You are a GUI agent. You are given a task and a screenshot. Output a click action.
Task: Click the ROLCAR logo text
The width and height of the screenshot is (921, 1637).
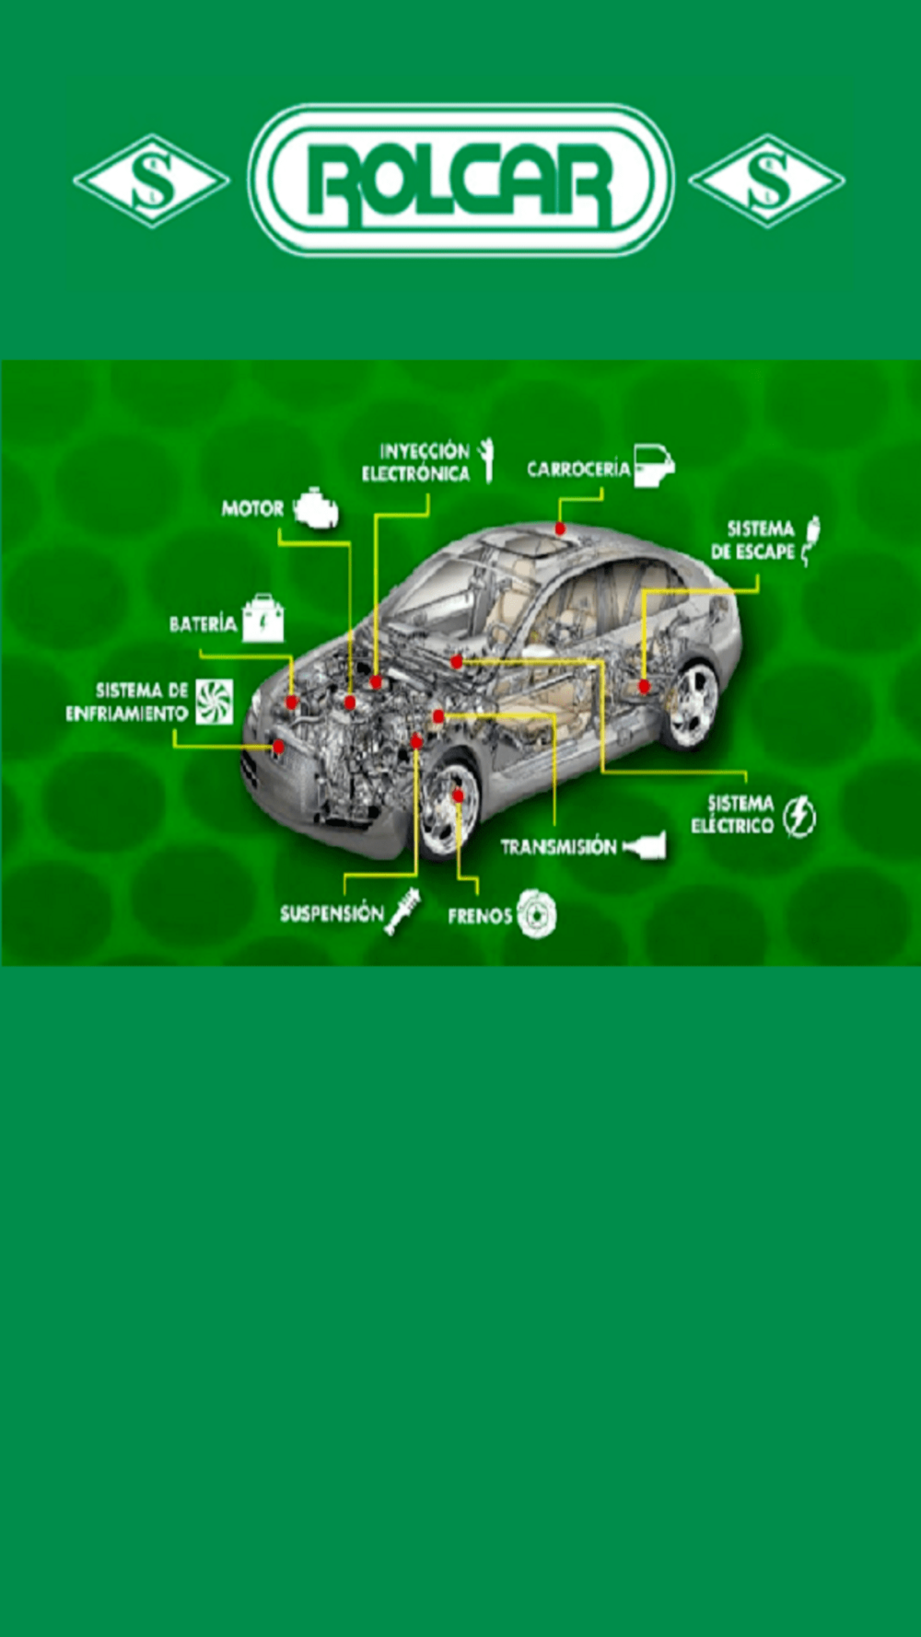[460, 180]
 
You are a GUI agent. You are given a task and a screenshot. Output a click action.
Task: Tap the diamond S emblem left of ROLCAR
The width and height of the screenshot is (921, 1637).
[152, 180]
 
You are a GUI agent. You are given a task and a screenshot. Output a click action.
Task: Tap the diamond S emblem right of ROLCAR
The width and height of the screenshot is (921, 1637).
[767, 180]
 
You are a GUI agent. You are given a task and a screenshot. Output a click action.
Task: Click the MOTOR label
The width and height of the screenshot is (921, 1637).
[252, 508]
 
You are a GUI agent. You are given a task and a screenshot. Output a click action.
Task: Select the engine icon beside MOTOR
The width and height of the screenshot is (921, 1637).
[316, 509]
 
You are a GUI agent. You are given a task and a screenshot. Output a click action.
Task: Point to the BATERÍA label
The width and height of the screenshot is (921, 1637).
[203, 624]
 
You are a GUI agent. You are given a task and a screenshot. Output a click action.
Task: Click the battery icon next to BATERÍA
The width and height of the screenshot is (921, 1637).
[263, 619]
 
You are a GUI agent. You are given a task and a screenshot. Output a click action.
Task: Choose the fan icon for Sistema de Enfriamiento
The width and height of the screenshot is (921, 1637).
[214, 702]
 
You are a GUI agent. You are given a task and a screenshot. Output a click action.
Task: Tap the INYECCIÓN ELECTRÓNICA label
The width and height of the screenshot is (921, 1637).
[415, 462]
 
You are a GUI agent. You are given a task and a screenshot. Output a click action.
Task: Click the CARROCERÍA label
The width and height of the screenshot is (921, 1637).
[578, 469]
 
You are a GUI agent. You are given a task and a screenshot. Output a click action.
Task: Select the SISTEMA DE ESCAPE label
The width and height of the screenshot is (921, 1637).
[752, 540]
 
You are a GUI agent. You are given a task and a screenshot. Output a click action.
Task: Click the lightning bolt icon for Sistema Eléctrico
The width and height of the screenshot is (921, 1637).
[799, 816]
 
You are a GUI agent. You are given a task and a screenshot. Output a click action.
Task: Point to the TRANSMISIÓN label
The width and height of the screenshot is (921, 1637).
[558, 846]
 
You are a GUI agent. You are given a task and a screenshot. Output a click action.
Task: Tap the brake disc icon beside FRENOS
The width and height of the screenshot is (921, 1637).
[536, 914]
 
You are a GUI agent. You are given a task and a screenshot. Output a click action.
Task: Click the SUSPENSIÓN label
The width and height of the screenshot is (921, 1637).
[332, 913]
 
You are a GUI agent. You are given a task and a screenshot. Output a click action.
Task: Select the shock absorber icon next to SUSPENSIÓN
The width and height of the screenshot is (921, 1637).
[403, 911]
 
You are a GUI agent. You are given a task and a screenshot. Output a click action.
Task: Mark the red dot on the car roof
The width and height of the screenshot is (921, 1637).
[560, 528]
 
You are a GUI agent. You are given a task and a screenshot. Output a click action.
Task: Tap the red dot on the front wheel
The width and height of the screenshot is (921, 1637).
[458, 795]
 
